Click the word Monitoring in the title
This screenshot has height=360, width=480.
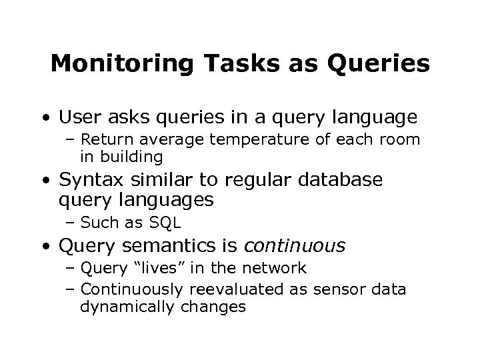[121, 64]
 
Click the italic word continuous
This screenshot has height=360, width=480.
[295, 247]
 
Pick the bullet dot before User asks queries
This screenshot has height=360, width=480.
[44, 119]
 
